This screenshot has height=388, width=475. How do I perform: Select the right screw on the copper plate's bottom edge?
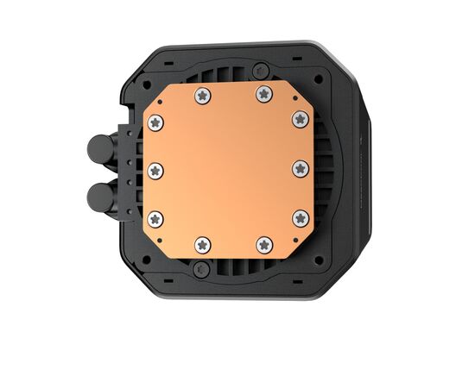[261, 245]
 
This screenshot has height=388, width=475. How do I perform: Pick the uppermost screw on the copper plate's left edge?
[156, 122]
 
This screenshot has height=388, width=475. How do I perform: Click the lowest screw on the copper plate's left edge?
[156, 216]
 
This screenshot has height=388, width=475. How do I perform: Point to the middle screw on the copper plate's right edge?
[300, 167]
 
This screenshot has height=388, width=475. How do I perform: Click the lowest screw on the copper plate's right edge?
[300, 216]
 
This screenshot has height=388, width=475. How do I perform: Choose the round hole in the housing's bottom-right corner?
[319, 260]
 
